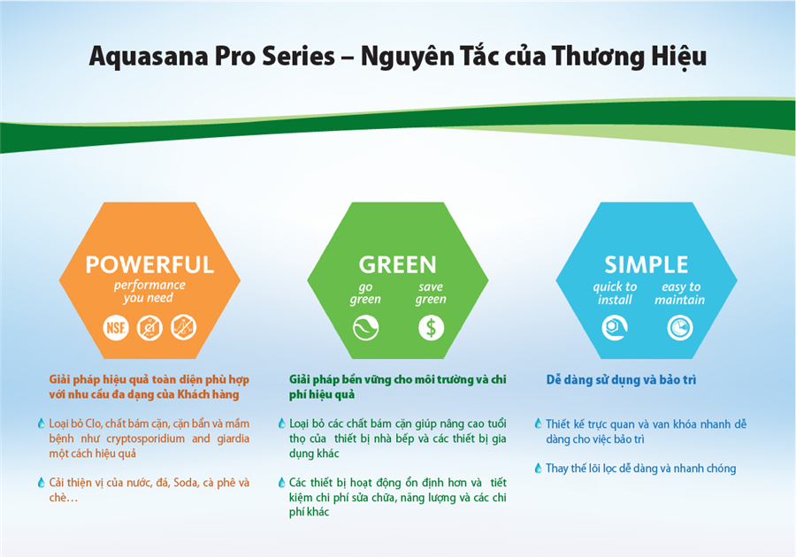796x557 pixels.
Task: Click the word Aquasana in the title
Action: point(149,57)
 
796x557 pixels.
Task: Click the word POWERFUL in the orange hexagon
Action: point(149,265)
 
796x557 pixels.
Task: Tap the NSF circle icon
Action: point(116,328)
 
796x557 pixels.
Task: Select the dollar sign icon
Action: point(431,328)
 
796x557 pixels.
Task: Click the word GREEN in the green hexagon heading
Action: point(397,265)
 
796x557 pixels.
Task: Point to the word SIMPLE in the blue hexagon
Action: point(647,265)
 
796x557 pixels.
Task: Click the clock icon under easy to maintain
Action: point(680,328)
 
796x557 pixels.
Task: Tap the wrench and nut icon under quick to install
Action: point(615,328)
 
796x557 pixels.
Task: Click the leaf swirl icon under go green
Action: point(365,328)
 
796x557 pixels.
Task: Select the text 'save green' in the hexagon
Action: point(431,294)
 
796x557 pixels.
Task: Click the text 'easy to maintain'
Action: point(680,294)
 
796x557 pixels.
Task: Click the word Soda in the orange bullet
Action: point(186,483)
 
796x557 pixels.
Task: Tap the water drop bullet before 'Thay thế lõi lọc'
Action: point(538,469)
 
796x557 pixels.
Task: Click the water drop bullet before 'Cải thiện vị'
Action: point(41,483)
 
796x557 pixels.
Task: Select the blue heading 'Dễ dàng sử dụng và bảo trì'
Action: point(621,380)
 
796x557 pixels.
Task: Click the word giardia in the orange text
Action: point(233,439)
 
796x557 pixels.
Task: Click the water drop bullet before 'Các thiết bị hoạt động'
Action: point(282,483)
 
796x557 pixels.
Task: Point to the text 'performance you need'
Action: point(149,292)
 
